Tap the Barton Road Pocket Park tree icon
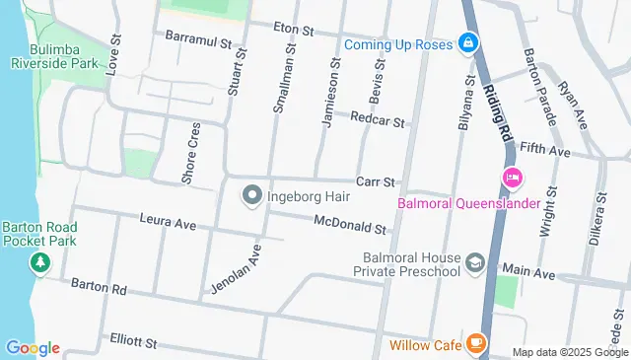(x=39, y=262)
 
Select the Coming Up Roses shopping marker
(x=467, y=44)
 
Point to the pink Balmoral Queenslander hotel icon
(x=513, y=179)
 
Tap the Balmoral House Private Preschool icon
(x=475, y=262)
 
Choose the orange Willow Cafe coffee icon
(x=476, y=344)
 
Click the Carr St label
(x=375, y=182)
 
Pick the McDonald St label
(x=350, y=229)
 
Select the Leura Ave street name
(x=168, y=223)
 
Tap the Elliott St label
(x=133, y=341)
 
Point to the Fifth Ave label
(x=545, y=151)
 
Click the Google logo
(x=33, y=348)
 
